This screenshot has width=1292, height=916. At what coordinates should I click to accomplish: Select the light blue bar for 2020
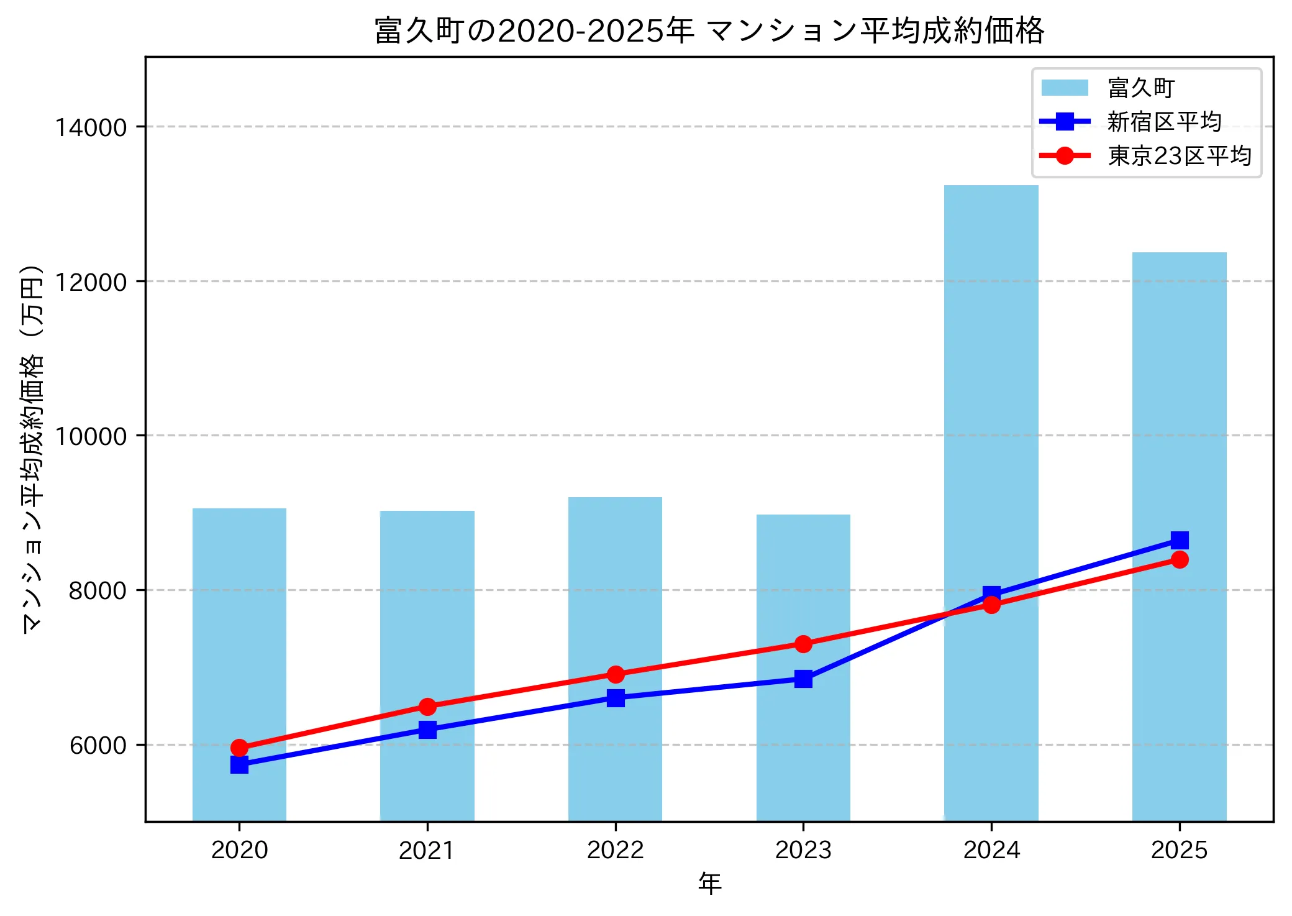[x=239, y=621]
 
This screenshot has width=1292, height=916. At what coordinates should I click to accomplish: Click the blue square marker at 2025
[x=1179, y=540]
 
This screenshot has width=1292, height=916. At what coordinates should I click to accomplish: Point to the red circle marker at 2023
[x=803, y=644]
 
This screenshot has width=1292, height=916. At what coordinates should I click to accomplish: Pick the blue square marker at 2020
[x=239, y=764]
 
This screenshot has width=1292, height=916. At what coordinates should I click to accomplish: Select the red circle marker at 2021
[x=427, y=707]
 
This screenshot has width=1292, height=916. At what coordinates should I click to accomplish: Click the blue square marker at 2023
[x=803, y=679]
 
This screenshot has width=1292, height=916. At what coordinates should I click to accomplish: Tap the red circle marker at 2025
[x=1179, y=560]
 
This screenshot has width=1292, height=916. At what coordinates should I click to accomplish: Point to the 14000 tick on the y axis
[x=91, y=127]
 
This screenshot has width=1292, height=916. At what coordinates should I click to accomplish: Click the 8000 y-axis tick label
[x=98, y=590]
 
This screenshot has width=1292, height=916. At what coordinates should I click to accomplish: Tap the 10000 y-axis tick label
[x=91, y=436]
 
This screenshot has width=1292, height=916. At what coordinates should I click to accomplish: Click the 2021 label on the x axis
[x=427, y=850]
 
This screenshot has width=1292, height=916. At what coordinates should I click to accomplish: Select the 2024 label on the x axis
[x=991, y=850]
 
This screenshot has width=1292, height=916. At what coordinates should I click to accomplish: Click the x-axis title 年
[x=709, y=883]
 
